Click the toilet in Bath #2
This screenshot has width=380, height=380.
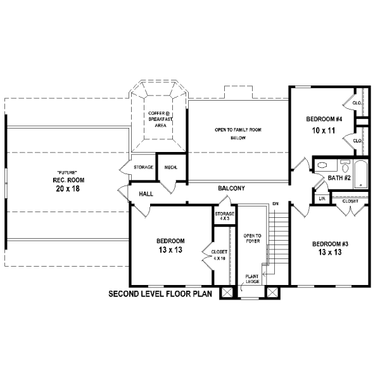tap(345, 165)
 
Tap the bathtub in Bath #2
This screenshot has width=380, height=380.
tap(361, 174)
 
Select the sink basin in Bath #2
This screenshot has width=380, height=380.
tap(322, 165)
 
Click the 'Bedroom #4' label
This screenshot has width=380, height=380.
tap(324, 119)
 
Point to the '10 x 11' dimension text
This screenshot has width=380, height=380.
tap(324, 130)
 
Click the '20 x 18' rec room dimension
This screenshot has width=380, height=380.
tap(68, 189)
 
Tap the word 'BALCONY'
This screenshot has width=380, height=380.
tap(231, 188)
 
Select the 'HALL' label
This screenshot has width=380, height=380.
tap(146, 194)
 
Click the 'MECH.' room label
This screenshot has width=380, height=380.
tap(171, 167)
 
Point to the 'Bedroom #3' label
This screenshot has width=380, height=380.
tap(330, 244)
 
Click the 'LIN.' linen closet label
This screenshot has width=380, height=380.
tap(322, 199)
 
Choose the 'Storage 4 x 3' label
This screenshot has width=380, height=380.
tap(224, 216)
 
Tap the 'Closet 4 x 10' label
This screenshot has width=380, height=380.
tap(219, 255)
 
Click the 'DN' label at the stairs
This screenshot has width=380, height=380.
tap(275, 204)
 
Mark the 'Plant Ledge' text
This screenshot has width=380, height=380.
tap(252, 279)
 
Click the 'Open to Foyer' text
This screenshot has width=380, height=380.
tap(253, 239)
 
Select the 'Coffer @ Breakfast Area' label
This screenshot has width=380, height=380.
tap(160, 119)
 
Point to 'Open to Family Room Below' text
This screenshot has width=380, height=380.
tap(238, 134)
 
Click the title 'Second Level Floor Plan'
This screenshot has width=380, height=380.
tap(160, 294)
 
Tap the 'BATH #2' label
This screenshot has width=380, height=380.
tap(339, 178)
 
